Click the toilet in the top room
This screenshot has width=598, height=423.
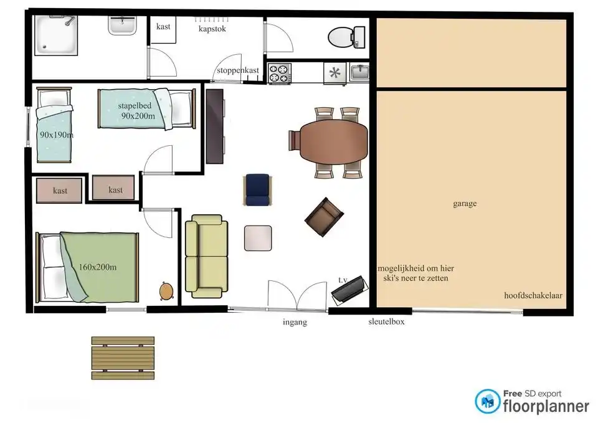(x=346, y=37)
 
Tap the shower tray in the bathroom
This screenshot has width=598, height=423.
(x=56, y=35)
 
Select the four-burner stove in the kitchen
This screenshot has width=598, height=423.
(x=279, y=74)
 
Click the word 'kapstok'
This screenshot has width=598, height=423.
(x=212, y=29)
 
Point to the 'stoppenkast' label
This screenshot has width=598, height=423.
(x=237, y=70)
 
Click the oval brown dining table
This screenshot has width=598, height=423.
(x=334, y=141)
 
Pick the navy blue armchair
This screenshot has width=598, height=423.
(x=257, y=190)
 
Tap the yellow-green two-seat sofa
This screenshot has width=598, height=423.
(x=206, y=256)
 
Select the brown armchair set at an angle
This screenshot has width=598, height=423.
(x=324, y=217)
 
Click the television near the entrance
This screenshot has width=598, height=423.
(x=349, y=291)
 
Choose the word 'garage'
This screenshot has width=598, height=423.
(x=465, y=203)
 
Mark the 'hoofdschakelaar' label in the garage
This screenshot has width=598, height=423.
(x=533, y=295)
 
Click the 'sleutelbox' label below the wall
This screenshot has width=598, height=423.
(x=386, y=321)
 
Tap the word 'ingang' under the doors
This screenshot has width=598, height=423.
(x=295, y=322)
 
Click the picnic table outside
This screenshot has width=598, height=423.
(x=123, y=358)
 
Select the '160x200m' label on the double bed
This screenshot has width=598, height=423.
(x=98, y=267)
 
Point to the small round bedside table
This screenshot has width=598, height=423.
(x=166, y=291)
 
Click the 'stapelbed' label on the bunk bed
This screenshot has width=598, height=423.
(x=135, y=106)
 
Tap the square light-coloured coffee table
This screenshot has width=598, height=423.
(x=258, y=239)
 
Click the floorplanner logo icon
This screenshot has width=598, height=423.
(x=488, y=401)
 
